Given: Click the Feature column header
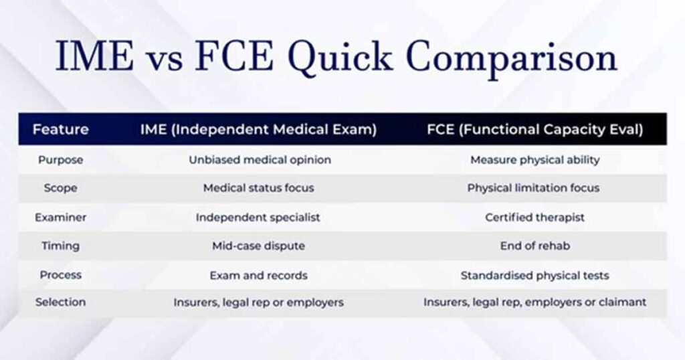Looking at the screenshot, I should point(61,129).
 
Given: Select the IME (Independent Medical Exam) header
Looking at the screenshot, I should point(258,129).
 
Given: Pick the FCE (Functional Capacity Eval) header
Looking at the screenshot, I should point(534,129).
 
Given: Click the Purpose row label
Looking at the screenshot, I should point(61,160).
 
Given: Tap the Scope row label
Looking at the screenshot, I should point(61,188).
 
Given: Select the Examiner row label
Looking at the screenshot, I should point(61,217).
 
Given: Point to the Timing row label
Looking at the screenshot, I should point(61,246).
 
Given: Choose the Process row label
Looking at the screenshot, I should point(61,275).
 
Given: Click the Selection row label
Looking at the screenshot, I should point(61,302).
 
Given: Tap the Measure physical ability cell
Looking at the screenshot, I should point(534,160).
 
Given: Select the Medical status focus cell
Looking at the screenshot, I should point(258,188).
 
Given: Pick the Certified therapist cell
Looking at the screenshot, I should point(534,217).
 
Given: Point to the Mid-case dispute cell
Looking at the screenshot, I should point(258,246).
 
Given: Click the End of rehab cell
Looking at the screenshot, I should point(534,246).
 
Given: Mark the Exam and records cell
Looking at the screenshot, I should point(258,275).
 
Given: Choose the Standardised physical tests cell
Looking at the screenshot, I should point(534,275).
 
